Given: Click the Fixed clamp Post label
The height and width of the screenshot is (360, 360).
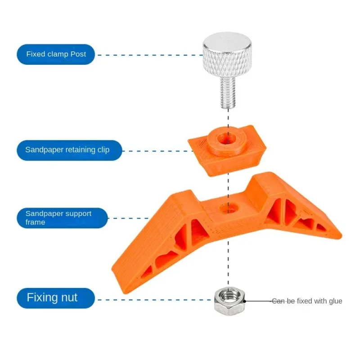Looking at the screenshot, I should point(56,54).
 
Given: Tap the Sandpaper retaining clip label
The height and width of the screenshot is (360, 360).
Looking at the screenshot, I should point(67,150).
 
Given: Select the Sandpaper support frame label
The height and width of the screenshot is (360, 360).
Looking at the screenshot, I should point(58,218).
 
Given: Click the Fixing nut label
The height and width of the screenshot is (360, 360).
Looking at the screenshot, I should point(52,297).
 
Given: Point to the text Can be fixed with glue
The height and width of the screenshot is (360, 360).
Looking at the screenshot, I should point(307,301).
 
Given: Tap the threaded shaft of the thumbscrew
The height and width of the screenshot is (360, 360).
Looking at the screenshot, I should point(228,93).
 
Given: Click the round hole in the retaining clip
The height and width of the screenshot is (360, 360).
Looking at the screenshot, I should point(224,139).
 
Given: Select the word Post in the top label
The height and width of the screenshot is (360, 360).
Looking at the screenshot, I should point(78,54).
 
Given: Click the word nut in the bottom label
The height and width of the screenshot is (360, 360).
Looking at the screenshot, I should point(67,297).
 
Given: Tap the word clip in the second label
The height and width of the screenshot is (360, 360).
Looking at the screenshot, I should point(103,150).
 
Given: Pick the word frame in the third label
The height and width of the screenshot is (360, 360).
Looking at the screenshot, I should point(36,222).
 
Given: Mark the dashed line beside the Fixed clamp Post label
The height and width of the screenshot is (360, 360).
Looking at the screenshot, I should point(148,55).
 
